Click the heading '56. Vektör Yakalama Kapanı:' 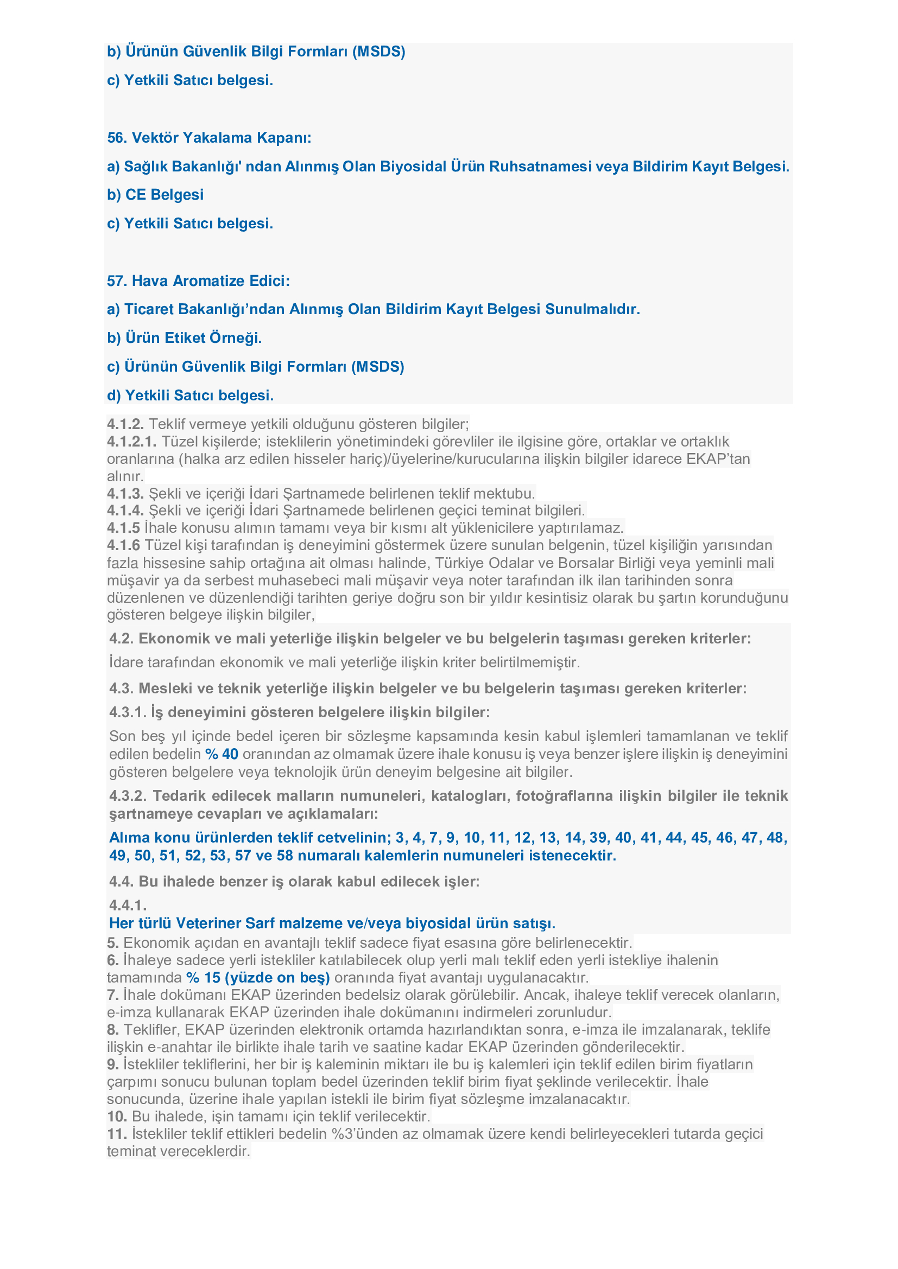point(209,138)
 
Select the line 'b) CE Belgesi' point(155,195)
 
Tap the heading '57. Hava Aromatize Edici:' point(199,281)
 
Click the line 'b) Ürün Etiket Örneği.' point(184,337)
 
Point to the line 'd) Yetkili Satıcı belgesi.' point(190,395)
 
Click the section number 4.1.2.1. point(131,442)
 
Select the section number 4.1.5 point(123,528)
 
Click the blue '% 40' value point(222,754)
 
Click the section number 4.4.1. point(128,905)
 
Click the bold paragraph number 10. point(117,1116)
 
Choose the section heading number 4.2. point(121,639)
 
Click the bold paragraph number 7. point(113,995)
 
